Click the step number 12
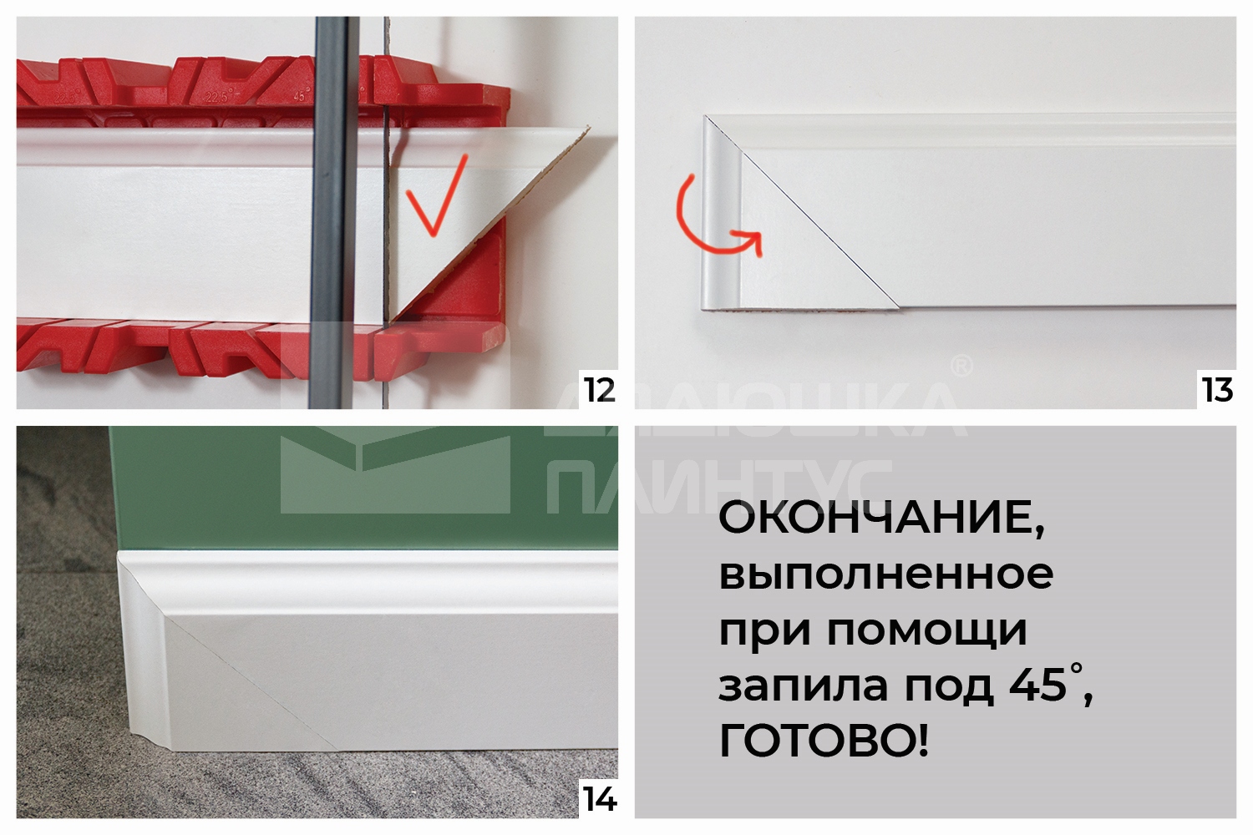599,390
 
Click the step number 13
1217,390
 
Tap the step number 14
599,799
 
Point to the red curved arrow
710,221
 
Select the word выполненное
885,574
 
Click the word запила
803,686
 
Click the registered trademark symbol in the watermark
961,365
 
